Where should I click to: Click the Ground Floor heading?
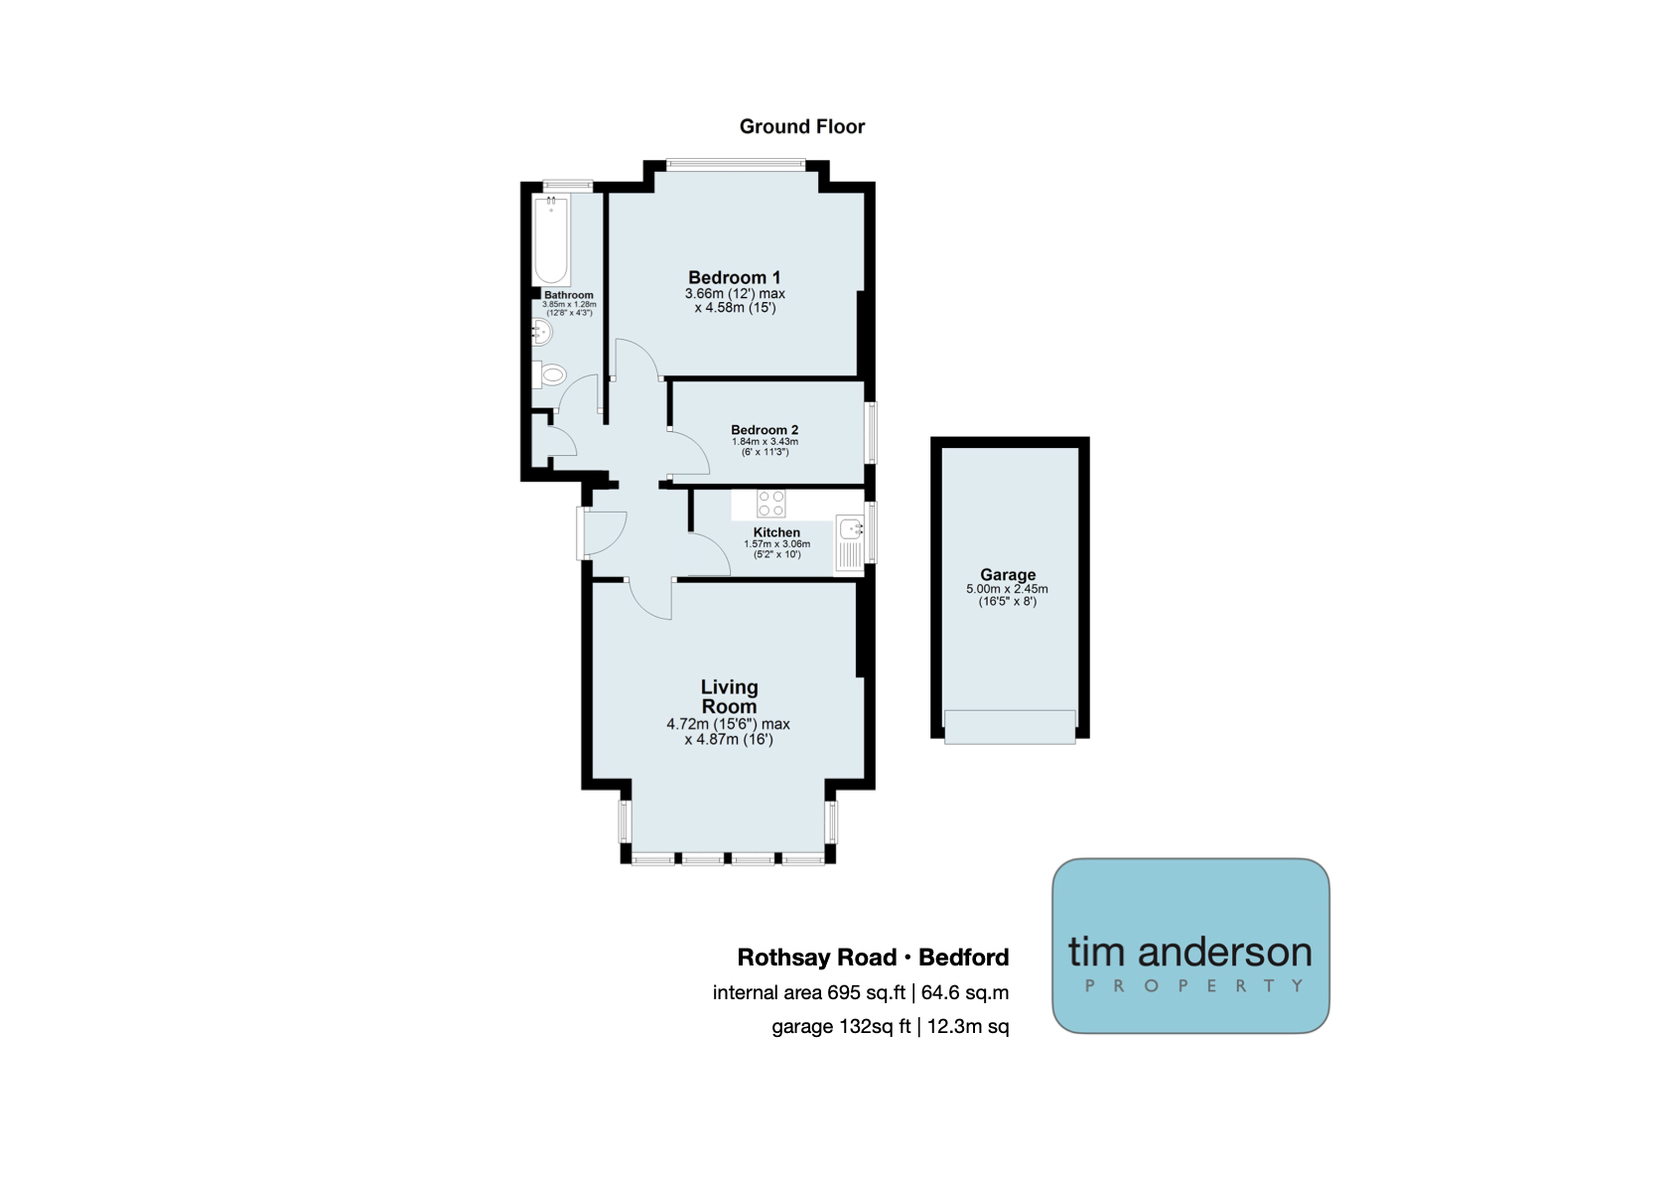tap(802, 127)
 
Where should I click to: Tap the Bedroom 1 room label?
tap(734, 277)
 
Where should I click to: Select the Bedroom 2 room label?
tap(765, 430)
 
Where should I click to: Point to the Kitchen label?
tap(776, 532)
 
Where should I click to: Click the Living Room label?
tap(729, 696)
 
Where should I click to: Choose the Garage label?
tap(1008, 574)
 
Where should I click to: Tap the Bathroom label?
tap(569, 296)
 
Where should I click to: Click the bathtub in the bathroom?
tap(552, 239)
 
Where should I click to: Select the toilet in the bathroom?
tap(549, 373)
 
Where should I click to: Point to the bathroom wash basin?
tap(541, 333)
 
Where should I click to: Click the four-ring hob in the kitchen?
tap(771, 504)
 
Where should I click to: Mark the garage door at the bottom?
tap(1010, 727)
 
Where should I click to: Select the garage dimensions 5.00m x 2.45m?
tap(1007, 589)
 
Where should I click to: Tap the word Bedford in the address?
tap(964, 958)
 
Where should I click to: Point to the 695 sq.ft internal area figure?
tap(867, 993)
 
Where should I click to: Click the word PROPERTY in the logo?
tap(1193, 985)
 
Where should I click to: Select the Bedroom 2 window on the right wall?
tap(871, 433)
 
